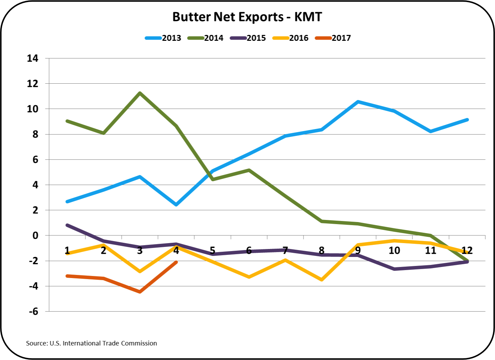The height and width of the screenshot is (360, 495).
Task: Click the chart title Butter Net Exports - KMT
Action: click(x=247, y=17)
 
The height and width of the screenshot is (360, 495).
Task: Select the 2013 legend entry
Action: click(x=163, y=38)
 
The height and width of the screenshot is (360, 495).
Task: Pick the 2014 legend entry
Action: click(x=205, y=38)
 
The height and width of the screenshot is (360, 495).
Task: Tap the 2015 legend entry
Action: click(x=248, y=38)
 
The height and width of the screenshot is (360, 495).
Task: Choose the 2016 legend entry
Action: click(x=290, y=38)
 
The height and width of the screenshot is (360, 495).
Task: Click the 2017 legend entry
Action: click(x=333, y=38)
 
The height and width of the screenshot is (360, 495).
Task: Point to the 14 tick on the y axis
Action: click(x=33, y=58)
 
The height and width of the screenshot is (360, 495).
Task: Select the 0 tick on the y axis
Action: click(x=35, y=236)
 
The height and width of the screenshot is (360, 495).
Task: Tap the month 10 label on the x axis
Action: click(x=394, y=250)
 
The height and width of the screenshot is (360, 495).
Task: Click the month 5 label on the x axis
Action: click(x=213, y=250)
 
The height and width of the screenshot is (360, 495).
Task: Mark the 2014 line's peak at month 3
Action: click(x=140, y=93)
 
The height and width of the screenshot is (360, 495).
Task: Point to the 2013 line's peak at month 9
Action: click(x=358, y=102)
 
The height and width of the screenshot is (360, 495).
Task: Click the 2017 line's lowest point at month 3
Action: click(x=140, y=292)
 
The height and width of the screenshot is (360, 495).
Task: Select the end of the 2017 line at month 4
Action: click(x=176, y=262)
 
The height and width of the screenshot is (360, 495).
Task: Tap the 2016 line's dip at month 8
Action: click(x=322, y=279)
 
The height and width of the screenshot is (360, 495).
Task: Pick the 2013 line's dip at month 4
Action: click(x=176, y=205)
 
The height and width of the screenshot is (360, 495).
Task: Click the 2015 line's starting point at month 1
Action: click(x=67, y=225)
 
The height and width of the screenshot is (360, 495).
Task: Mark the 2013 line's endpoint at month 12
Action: click(x=467, y=120)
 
